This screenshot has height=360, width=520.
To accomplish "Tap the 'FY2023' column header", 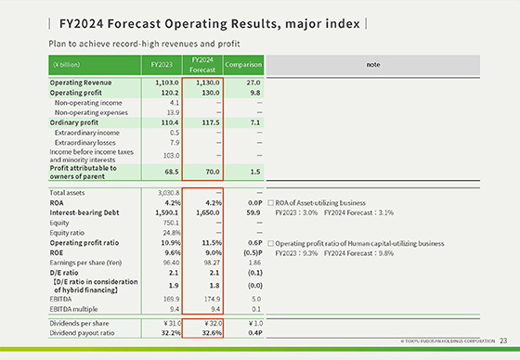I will (x=160, y=65).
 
